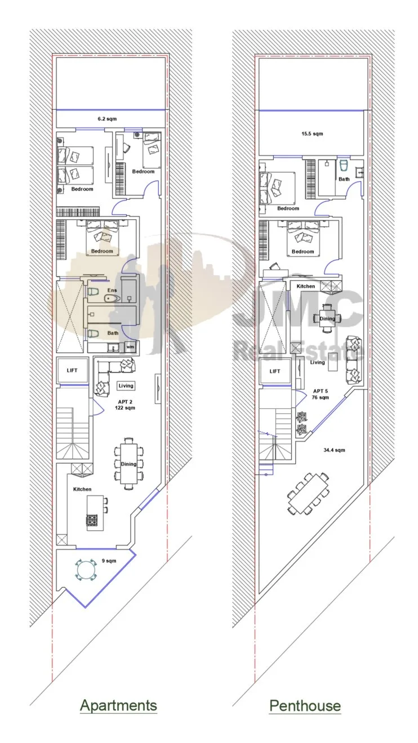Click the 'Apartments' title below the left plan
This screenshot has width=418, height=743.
[118, 705]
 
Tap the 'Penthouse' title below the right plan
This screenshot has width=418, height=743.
[305, 705]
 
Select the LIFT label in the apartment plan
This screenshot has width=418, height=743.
[72, 371]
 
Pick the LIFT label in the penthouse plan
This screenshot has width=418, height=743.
[275, 371]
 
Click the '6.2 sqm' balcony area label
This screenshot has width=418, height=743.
[107, 119]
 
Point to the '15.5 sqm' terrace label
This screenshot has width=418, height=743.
[312, 134]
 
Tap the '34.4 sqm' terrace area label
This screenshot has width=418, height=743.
[334, 450]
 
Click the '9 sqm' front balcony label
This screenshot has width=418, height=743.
[109, 561]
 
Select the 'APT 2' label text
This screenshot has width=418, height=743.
[125, 402]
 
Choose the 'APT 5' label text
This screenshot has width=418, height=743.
[321, 391]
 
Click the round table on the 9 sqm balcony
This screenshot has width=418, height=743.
[86, 570]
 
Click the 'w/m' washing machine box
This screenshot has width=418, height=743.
[130, 347]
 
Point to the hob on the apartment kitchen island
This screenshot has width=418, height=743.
[92, 520]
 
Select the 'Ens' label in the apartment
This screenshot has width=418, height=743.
[112, 290]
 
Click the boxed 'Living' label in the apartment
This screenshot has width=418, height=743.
[126, 386]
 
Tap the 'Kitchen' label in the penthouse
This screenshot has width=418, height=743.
[306, 286]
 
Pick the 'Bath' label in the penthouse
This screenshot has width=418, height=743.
[344, 179]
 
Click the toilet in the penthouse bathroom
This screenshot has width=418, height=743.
[344, 165]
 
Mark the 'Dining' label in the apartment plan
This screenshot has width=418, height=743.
[128, 464]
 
